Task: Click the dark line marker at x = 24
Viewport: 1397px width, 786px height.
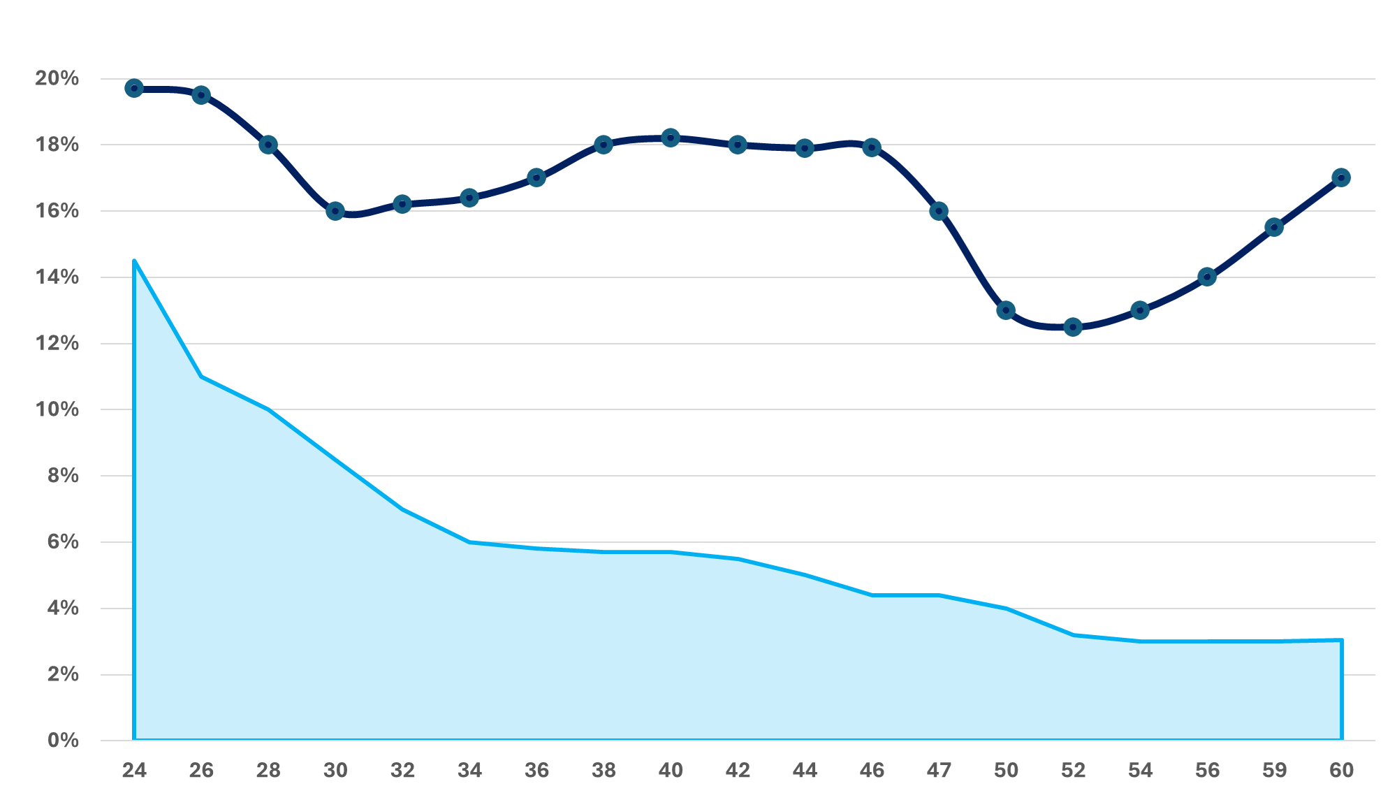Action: click(x=134, y=88)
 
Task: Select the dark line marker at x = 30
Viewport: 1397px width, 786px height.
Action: click(x=335, y=211)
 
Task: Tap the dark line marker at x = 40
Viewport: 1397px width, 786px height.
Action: click(x=671, y=138)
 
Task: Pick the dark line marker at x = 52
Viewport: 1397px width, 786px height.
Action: click(x=1073, y=327)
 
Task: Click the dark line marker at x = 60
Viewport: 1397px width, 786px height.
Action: click(x=1341, y=177)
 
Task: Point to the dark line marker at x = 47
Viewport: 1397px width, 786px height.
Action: click(x=939, y=211)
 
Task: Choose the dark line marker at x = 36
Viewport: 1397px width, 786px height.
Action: click(x=536, y=177)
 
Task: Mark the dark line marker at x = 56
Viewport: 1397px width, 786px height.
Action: click(x=1207, y=277)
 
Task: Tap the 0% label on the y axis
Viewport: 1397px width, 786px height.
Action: click(x=63, y=741)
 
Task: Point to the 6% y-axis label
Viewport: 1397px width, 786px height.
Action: click(x=63, y=542)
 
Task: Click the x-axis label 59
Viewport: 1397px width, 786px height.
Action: click(x=1274, y=770)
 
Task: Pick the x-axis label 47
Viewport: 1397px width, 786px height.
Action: click(x=939, y=770)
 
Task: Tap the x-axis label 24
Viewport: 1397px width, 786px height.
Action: click(x=134, y=770)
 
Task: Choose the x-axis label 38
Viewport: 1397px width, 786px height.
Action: click(x=604, y=770)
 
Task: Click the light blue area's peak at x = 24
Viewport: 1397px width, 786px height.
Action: click(x=134, y=261)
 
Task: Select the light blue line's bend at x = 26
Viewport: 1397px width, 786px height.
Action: click(x=201, y=377)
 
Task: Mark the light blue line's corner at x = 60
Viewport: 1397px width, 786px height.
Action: click(x=1341, y=640)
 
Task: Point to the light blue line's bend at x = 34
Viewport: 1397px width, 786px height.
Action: click(x=469, y=542)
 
